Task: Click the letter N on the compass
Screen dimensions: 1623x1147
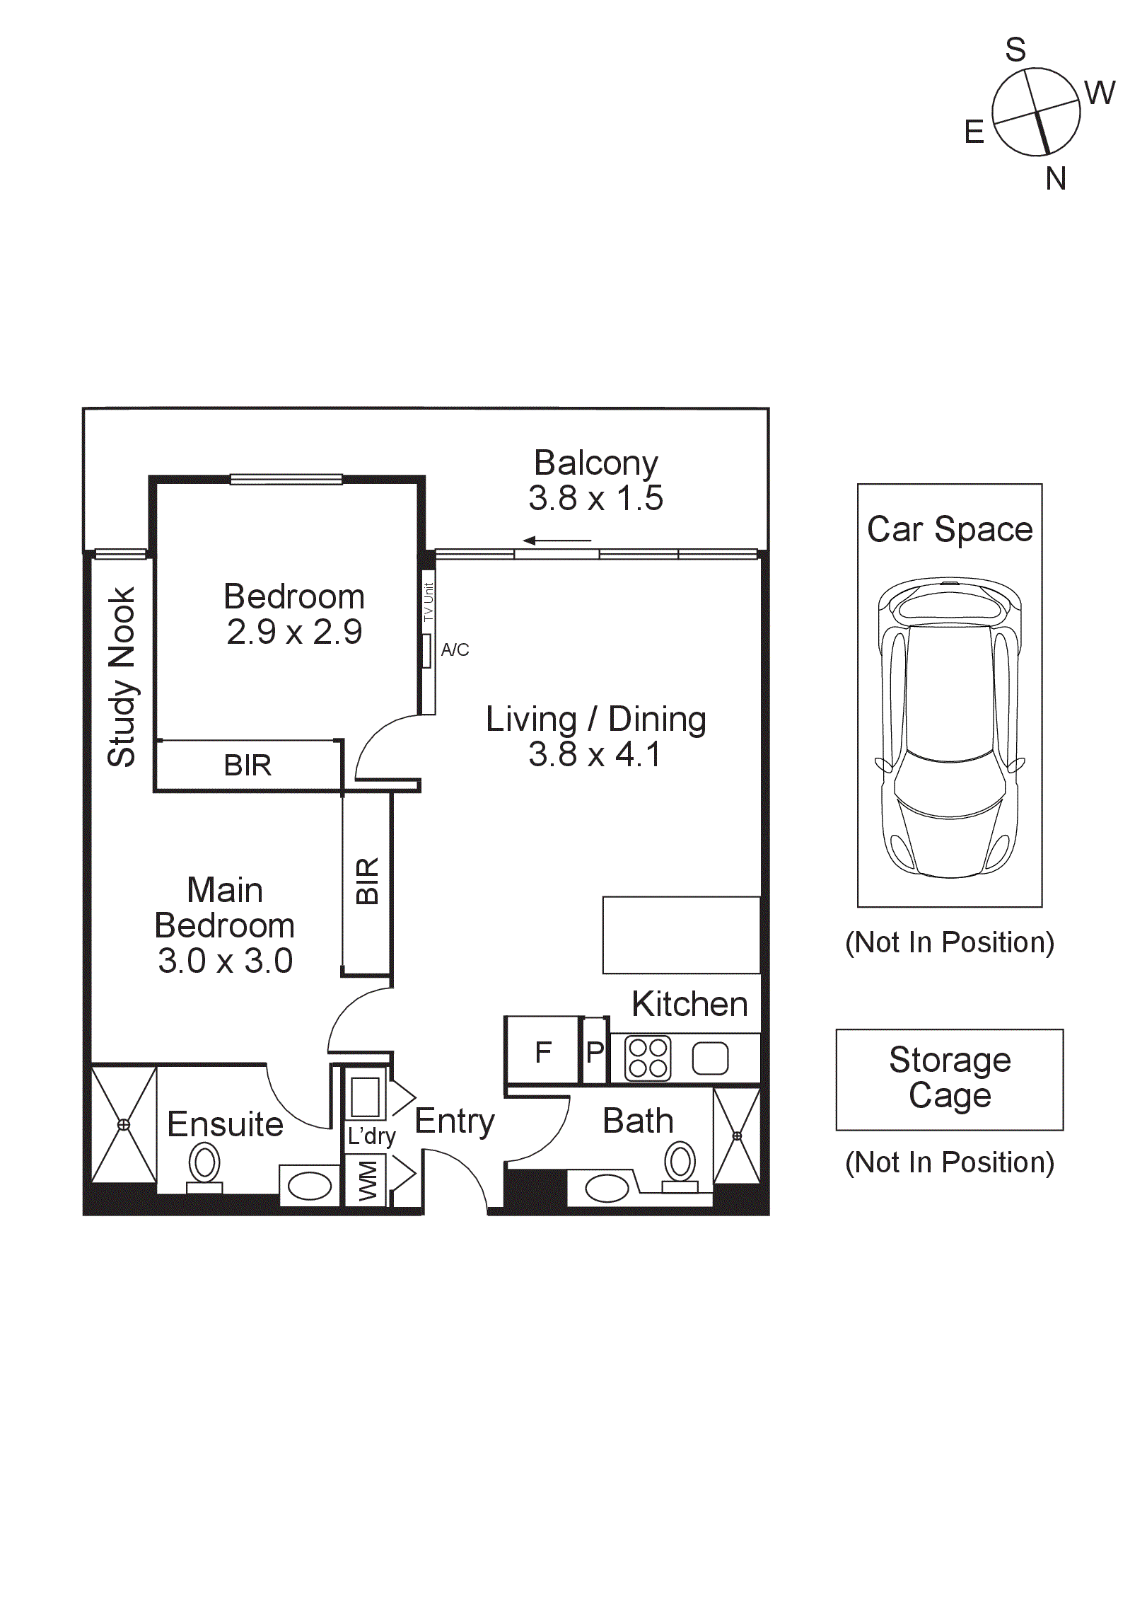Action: [1055, 179]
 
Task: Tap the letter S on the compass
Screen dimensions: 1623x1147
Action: [1015, 50]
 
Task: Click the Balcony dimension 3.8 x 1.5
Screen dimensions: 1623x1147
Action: [595, 499]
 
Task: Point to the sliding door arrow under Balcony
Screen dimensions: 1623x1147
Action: [557, 541]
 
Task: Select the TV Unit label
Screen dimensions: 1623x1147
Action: [428, 602]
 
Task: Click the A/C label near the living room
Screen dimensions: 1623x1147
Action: [455, 649]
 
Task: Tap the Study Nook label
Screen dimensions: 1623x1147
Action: [122, 676]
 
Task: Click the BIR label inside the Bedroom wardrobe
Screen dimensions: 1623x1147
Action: [248, 766]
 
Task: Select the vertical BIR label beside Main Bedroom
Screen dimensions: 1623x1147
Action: [368, 881]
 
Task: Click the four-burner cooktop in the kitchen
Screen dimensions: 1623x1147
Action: [648, 1058]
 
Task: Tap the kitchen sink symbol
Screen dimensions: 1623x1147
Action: [710, 1058]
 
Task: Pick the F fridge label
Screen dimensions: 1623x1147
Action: [543, 1052]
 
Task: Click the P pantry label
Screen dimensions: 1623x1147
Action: [595, 1052]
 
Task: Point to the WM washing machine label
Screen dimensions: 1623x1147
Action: [368, 1180]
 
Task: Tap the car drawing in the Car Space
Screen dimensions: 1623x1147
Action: [950, 729]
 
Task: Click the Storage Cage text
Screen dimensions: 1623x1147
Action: [950, 1078]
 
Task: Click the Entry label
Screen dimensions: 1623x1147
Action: [454, 1121]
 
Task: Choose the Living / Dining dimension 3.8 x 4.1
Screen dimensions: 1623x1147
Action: [594, 755]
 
